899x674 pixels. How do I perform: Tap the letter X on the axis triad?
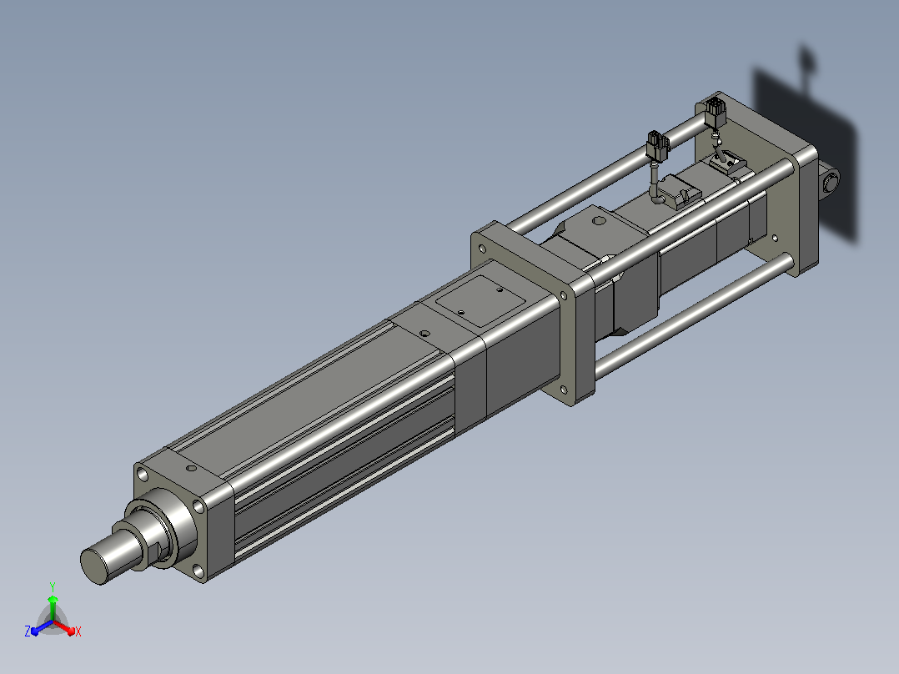point(78,631)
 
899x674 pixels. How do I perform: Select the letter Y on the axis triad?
point(53,586)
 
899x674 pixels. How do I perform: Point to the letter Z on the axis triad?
point(28,631)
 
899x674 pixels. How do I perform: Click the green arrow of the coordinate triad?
point(53,607)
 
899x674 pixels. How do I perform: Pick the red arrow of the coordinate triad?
point(64,626)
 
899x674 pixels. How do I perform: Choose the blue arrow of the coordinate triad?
point(42,627)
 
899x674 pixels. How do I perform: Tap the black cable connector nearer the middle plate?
point(658,146)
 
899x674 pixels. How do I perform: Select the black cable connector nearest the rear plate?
point(715,112)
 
